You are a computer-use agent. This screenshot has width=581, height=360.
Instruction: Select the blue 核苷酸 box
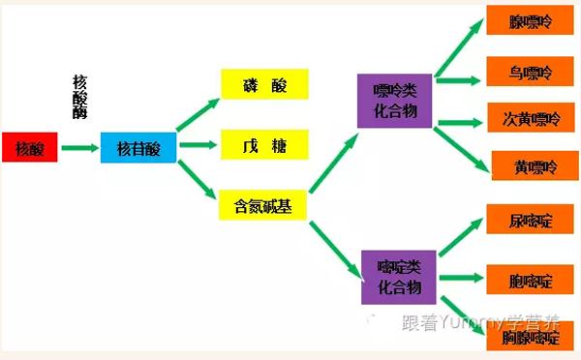coord(138,148)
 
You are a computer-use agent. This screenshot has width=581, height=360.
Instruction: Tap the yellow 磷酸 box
coord(264,85)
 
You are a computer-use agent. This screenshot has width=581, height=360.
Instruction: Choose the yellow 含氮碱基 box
coord(264,205)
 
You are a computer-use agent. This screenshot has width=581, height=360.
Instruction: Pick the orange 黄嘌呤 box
coord(535,166)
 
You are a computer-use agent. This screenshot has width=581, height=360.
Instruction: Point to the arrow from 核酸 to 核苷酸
coord(78,148)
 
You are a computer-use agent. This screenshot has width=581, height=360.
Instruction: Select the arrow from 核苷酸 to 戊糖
coord(197,147)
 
